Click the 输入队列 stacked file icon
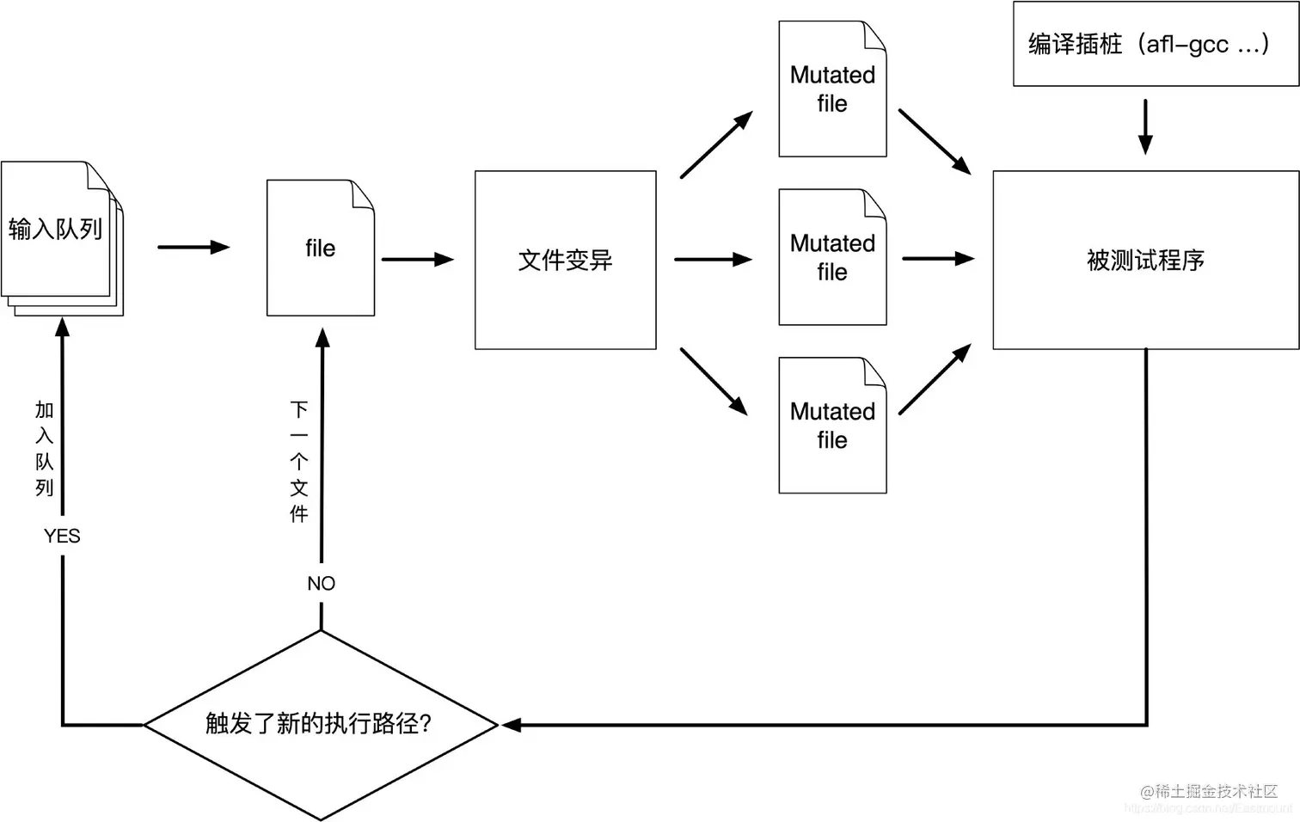(60, 236)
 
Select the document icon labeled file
(320, 248)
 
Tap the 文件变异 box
(565, 260)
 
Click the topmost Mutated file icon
(831, 89)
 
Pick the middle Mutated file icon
(831, 257)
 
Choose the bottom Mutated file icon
(831, 426)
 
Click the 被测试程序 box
(1145, 260)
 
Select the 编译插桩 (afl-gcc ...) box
(1155, 44)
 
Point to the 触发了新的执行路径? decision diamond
(320, 724)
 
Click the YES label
(62, 536)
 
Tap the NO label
(321, 584)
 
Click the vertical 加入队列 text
(45, 448)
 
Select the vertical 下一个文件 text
(298, 462)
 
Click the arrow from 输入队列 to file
(193, 248)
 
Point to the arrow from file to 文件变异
(417, 259)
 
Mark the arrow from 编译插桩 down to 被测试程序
(1144, 126)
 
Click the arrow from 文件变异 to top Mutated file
(715, 144)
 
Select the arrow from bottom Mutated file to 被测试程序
(935, 380)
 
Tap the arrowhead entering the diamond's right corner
(512, 725)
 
